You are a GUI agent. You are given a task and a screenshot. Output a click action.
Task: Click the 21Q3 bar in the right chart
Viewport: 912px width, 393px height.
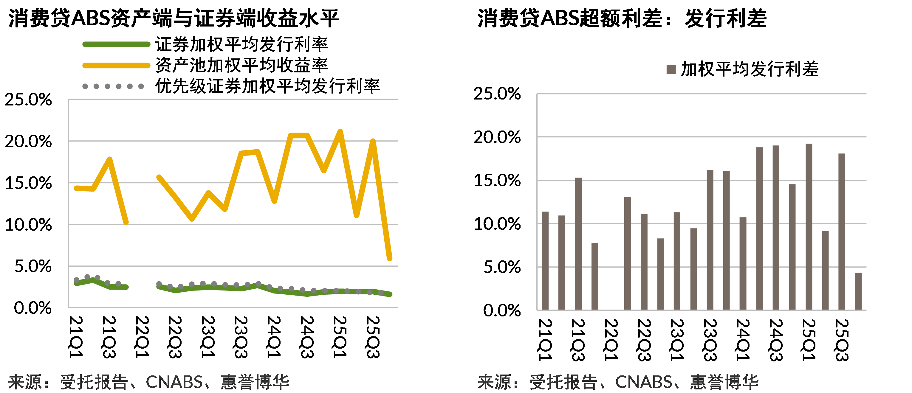(x=578, y=244)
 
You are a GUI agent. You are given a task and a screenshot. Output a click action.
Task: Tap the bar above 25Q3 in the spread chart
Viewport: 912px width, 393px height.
(x=842, y=232)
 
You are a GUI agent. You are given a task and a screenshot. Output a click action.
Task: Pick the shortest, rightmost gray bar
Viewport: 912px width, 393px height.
(x=859, y=291)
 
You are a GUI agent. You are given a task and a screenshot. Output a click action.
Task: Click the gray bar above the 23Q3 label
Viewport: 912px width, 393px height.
(x=710, y=240)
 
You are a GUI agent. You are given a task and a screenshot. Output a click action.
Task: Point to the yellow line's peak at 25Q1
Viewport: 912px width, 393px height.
(x=340, y=132)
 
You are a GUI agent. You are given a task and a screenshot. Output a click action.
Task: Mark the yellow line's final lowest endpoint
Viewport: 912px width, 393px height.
(x=389, y=259)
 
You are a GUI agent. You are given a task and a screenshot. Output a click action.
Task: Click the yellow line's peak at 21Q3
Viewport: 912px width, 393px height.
(x=110, y=159)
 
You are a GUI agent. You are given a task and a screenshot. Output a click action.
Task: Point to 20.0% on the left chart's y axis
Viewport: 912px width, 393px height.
(x=28, y=142)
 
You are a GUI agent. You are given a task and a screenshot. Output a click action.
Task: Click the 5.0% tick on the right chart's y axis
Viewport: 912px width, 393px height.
(x=502, y=267)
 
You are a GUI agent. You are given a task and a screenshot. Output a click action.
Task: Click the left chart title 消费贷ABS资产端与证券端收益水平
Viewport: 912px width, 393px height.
(x=174, y=18)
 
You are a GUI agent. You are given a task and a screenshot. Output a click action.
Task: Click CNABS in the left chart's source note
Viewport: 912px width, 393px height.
(x=174, y=382)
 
